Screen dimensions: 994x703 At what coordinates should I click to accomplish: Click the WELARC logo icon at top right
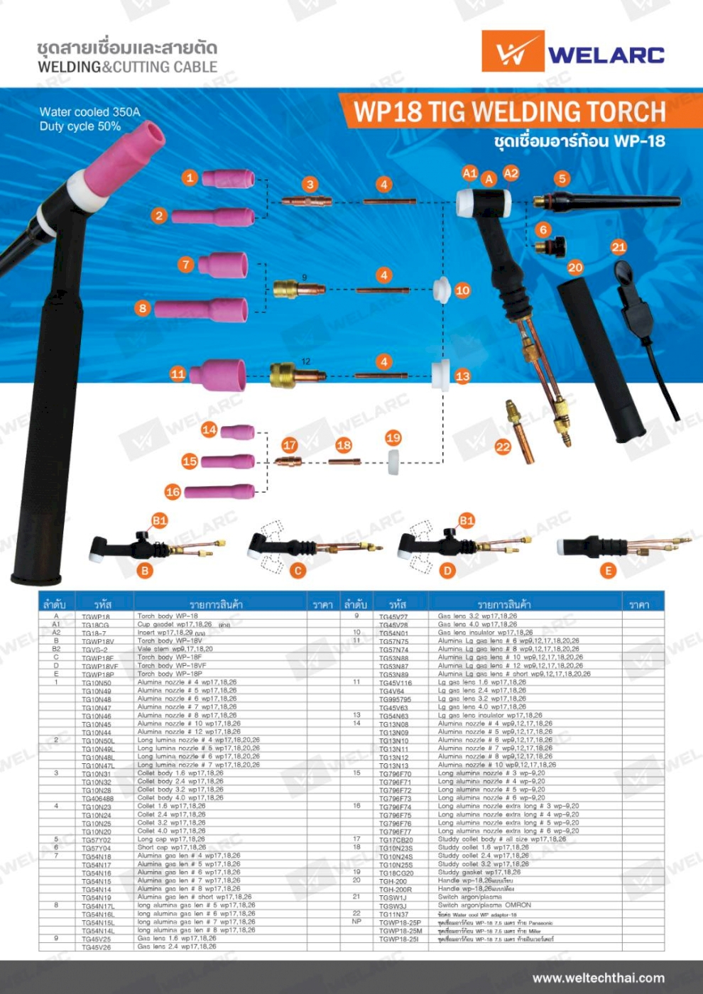click(x=513, y=52)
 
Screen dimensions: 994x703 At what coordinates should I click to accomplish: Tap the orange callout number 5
click(x=562, y=178)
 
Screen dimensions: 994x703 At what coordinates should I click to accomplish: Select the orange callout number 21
click(x=618, y=247)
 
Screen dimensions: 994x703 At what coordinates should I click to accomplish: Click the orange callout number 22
click(x=503, y=447)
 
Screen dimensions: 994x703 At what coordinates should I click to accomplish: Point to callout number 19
click(x=393, y=438)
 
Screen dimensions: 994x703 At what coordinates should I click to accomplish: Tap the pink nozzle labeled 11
click(x=217, y=374)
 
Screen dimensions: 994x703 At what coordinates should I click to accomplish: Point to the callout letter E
click(x=607, y=570)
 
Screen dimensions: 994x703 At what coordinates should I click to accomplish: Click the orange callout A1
click(x=469, y=173)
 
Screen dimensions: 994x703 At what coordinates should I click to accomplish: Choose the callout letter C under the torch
click(x=298, y=570)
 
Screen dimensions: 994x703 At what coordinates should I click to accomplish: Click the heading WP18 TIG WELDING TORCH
click(x=508, y=112)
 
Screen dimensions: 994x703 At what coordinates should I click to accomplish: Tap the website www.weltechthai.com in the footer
click(x=598, y=978)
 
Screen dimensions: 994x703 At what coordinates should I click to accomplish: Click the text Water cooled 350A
click(x=89, y=111)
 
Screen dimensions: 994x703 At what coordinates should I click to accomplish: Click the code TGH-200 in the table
click(x=393, y=881)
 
